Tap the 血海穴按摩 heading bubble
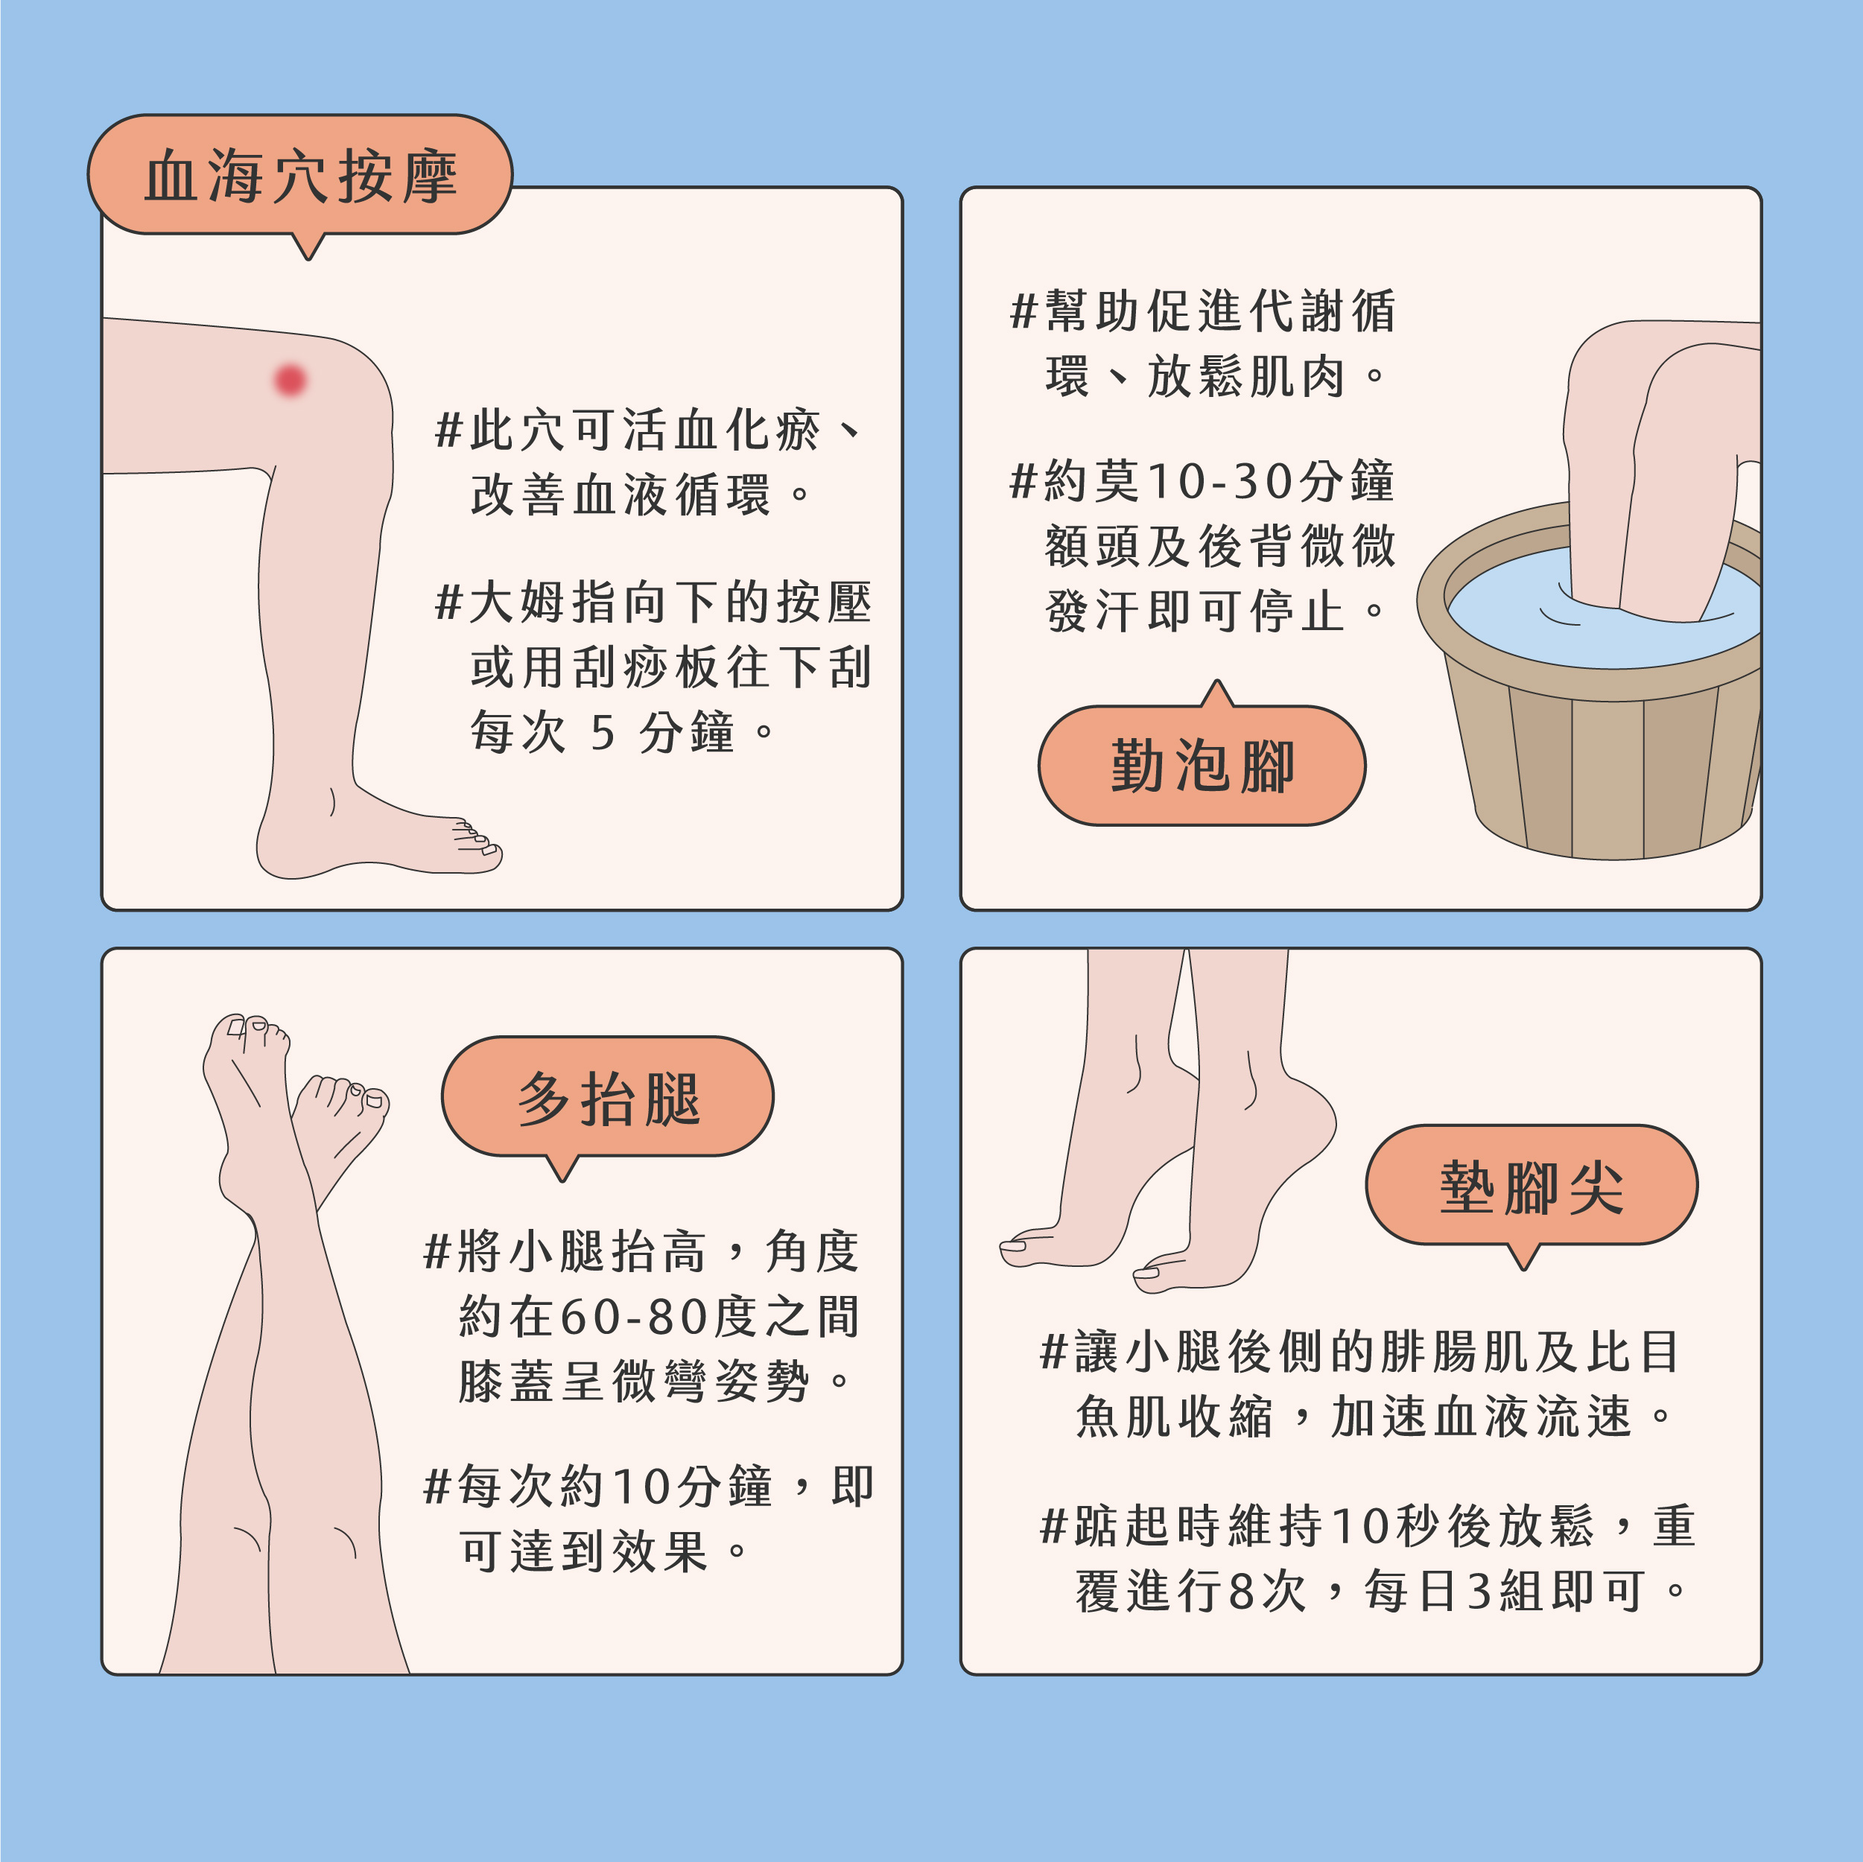(300, 176)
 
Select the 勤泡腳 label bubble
(1202, 766)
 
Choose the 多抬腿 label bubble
(608, 1097)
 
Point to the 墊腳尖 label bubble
(1532, 1186)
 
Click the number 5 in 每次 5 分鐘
(603, 733)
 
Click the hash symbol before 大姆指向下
(448, 603)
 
